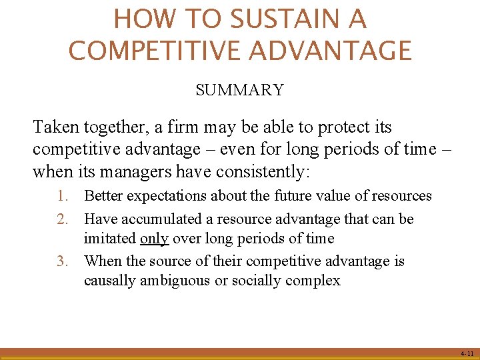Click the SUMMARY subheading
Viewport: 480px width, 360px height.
(x=239, y=90)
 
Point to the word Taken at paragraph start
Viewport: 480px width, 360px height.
(x=55, y=127)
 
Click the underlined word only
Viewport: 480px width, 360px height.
(x=154, y=238)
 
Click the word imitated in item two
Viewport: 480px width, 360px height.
(x=110, y=238)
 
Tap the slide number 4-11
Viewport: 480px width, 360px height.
(x=467, y=353)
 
